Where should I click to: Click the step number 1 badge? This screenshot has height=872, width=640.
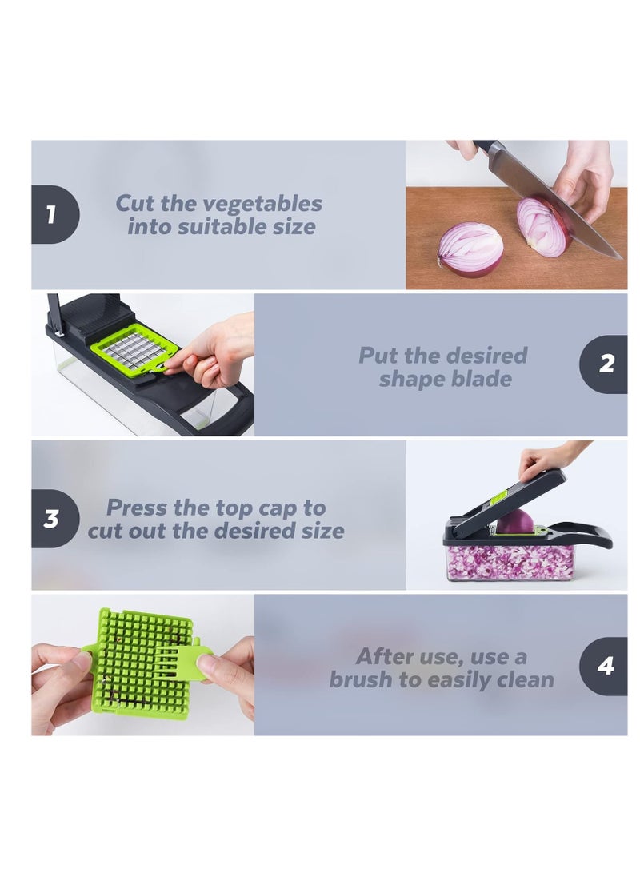(x=52, y=214)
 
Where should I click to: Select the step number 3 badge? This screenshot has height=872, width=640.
(x=52, y=518)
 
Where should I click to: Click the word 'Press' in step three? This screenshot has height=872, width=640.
(x=137, y=508)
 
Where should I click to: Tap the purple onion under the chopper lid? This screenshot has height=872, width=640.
(x=515, y=521)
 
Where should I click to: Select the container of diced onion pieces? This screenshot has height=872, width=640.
(x=510, y=562)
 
